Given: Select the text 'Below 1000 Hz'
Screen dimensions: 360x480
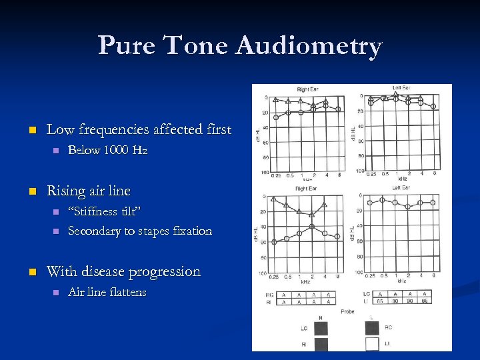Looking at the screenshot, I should point(107,151).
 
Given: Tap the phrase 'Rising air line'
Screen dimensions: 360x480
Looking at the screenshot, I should point(88,191).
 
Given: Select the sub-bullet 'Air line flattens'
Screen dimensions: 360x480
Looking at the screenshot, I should point(107,293).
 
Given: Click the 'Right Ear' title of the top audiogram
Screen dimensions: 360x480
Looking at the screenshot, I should point(307,89).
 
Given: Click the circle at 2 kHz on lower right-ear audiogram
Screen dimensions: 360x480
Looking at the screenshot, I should point(312,227).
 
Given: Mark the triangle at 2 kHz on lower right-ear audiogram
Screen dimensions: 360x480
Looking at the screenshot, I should point(312,215).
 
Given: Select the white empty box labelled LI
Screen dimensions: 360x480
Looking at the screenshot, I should point(372,343).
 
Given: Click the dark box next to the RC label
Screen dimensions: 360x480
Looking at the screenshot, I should point(372,327).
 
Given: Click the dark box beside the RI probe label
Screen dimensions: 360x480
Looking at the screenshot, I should point(321,343).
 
